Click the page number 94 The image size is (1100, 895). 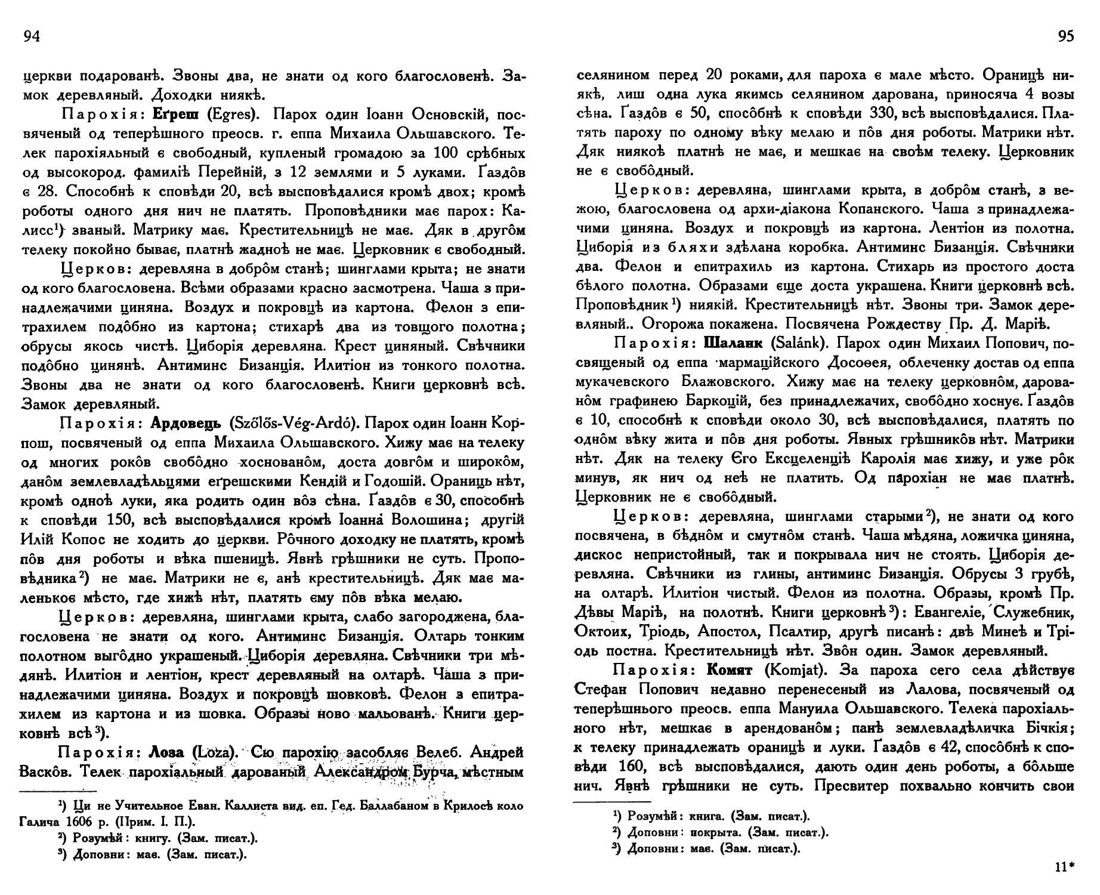(31, 37)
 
